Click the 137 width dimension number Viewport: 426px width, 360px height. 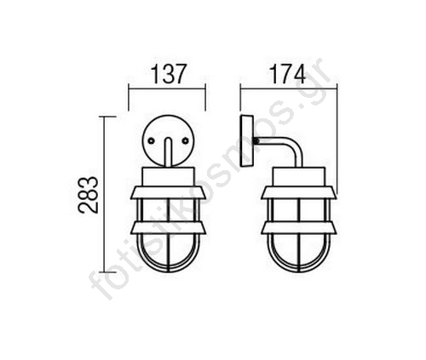(168, 74)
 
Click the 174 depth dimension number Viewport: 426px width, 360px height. (288, 74)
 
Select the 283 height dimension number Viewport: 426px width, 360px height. (89, 195)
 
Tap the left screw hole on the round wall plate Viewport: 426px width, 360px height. (152, 140)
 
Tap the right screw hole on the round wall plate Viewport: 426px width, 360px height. (186, 140)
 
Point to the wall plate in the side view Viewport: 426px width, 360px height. (246, 140)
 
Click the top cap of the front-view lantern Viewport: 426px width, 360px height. (169, 177)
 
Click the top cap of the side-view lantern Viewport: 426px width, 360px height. (298, 177)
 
